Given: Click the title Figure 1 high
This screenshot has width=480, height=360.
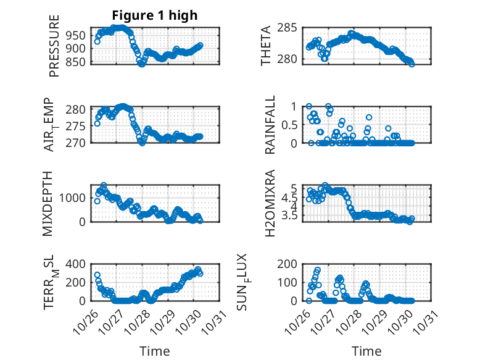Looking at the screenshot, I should [x=155, y=15].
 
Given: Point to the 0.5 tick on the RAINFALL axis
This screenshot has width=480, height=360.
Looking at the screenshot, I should [x=290, y=125].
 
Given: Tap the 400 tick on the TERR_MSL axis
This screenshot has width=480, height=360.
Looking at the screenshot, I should [x=77, y=264].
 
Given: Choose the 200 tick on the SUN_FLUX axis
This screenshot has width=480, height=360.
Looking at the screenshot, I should [x=288, y=264].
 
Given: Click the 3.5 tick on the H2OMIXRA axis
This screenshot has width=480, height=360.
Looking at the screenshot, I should [x=290, y=216].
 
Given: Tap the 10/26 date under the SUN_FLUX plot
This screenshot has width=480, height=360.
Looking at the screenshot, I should [x=300, y=322].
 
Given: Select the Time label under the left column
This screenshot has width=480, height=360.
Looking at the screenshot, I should [x=155, y=351].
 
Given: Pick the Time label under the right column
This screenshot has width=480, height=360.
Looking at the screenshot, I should [x=366, y=351].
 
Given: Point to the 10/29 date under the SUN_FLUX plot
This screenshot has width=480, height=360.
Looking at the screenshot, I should [x=377, y=322].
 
